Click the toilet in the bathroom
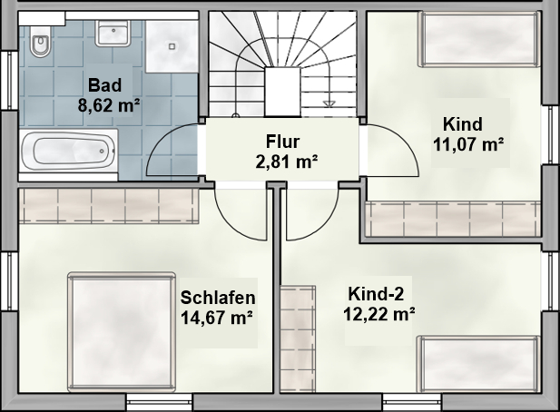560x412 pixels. (40, 41)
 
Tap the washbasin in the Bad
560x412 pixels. (113, 34)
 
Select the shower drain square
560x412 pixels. (172, 46)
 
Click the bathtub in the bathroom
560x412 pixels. (68, 152)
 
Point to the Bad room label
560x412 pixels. (105, 85)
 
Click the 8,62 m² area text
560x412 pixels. (109, 105)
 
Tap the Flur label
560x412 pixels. (282, 142)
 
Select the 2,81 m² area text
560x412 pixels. (287, 162)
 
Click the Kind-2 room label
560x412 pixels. (376, 294)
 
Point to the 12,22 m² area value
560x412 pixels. (379, 314)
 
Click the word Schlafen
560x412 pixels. (218, 298)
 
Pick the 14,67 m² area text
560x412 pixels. (217, 318)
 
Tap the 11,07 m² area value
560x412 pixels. (468, 144)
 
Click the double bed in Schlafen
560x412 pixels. (122, 332)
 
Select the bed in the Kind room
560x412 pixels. (479, 38)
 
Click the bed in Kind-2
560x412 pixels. (479, 364)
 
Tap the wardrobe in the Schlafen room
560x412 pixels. (109, 206)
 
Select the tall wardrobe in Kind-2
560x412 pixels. (298, 338)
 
